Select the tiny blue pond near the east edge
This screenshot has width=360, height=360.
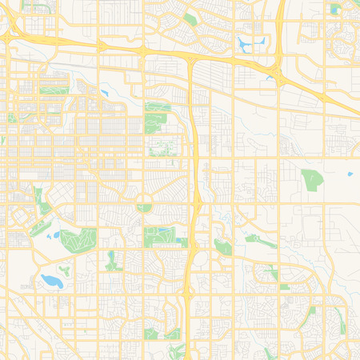tap(350, 174)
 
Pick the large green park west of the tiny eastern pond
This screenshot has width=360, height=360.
tap(310, 180)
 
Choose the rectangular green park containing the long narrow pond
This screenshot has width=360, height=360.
tap(158, 235)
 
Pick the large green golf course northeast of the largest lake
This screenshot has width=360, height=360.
tap(78, 238)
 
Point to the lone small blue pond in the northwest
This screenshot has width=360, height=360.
tap(104, 94)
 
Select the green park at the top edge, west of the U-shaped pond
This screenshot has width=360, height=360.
tap(190, 18)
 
